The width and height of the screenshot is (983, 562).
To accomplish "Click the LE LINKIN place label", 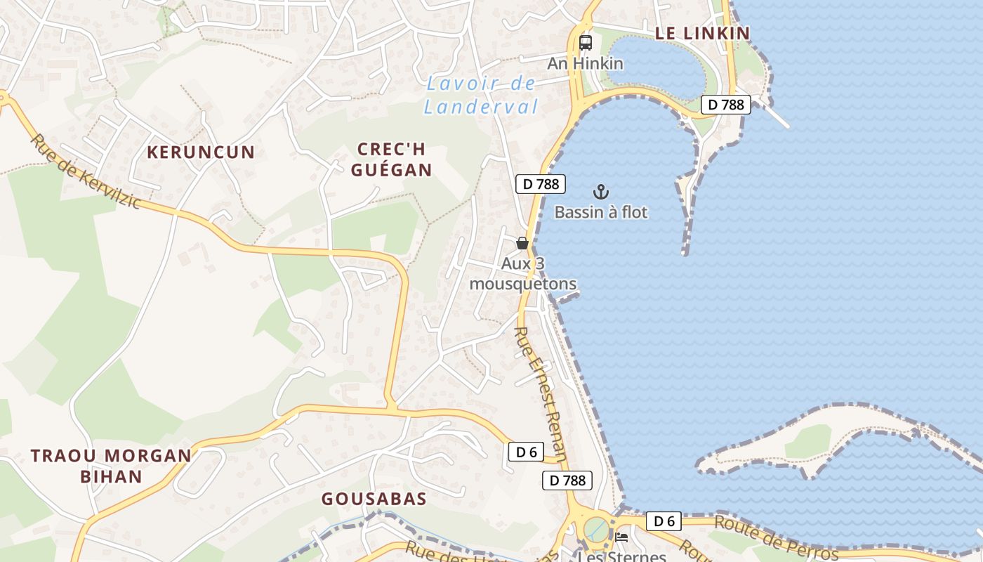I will point(702,33).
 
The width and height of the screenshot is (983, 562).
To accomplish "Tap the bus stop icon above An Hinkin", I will point(586,43).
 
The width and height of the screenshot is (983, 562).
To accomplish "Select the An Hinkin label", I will point(585,63).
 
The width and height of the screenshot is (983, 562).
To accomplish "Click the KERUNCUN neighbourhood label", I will point(201,152).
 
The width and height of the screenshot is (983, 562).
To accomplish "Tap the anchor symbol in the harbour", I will point(601,192).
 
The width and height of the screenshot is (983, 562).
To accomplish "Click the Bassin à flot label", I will point(601,212).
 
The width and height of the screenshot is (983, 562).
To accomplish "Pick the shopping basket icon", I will point(522,243).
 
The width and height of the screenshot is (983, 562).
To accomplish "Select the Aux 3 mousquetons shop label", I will point(523,274).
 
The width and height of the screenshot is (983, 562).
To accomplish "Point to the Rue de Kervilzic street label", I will point(85,171).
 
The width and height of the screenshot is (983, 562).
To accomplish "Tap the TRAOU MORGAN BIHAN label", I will point(111,466).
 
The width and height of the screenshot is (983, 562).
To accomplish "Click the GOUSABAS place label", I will point(374,499).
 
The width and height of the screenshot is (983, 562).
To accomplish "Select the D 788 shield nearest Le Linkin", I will point(726,105).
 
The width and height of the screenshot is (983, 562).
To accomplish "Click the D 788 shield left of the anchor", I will point(541,184).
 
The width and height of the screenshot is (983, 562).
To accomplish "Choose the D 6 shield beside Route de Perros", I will point(664,521).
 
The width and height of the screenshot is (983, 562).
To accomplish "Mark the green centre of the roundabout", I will point(596,527).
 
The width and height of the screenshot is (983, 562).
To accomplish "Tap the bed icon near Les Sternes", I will point(621,537).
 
